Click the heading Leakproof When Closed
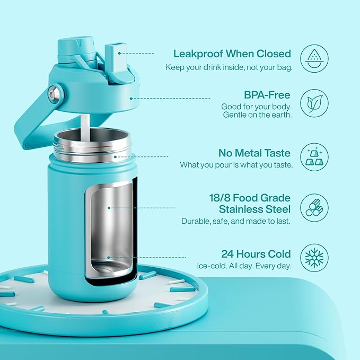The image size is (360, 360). coord(232,54)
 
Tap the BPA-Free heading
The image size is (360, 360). coord(267,95)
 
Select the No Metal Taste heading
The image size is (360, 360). coord(254,153)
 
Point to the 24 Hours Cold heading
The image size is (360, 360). coord(256,253)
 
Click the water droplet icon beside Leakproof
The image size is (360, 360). coord(314,58)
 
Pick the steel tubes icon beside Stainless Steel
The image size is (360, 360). coord(314,208)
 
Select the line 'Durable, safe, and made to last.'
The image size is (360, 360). coord(236,221)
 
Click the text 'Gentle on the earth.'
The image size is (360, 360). coord(257,115)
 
